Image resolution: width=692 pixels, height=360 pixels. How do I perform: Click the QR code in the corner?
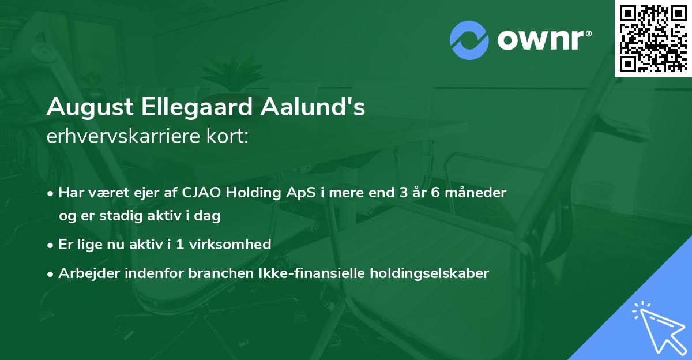[x=652, y=38]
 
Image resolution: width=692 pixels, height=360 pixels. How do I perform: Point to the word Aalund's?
[x=315, y=107]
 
